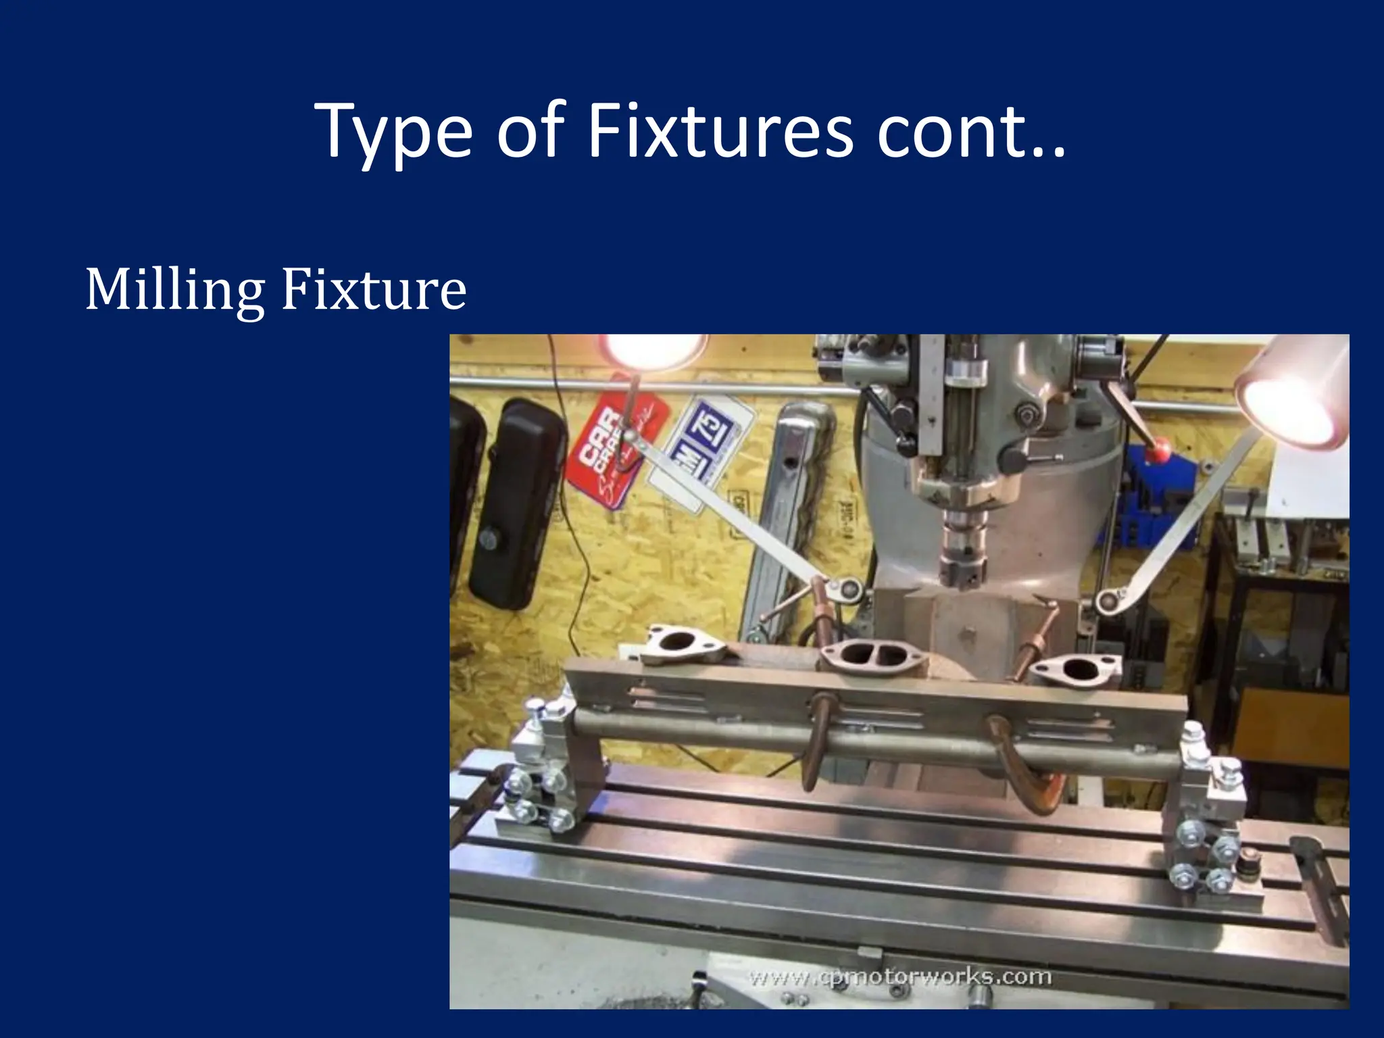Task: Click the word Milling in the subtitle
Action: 174,291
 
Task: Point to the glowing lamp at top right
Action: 1287,399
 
